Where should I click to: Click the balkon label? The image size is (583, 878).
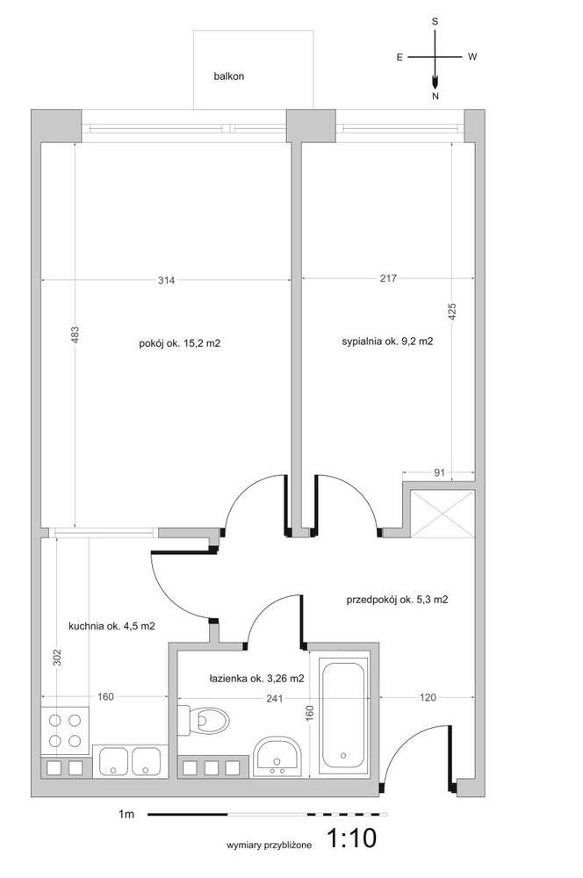(228, 76)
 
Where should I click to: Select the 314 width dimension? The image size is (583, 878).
(166, 280)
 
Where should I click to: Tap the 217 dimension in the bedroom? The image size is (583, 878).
(388, 277)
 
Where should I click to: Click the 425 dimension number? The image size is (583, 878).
(452, 312)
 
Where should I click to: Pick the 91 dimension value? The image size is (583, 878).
(440, 472)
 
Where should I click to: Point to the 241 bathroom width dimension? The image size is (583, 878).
(275, 698)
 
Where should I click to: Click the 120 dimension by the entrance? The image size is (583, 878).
(428, 697)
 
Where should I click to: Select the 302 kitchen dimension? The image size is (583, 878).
(56, 658)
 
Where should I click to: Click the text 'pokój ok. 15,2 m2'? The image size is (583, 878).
(180, 343)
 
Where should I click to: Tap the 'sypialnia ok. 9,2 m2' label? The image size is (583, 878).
(387, 341)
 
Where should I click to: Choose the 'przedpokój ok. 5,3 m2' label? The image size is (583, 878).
(397, 600)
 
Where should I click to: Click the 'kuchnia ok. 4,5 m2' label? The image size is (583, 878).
(112, 626)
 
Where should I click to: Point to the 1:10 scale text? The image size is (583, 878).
(351, 838)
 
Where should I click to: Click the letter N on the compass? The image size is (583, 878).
(435, 97)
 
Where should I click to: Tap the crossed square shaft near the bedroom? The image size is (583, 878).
(443, 514)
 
